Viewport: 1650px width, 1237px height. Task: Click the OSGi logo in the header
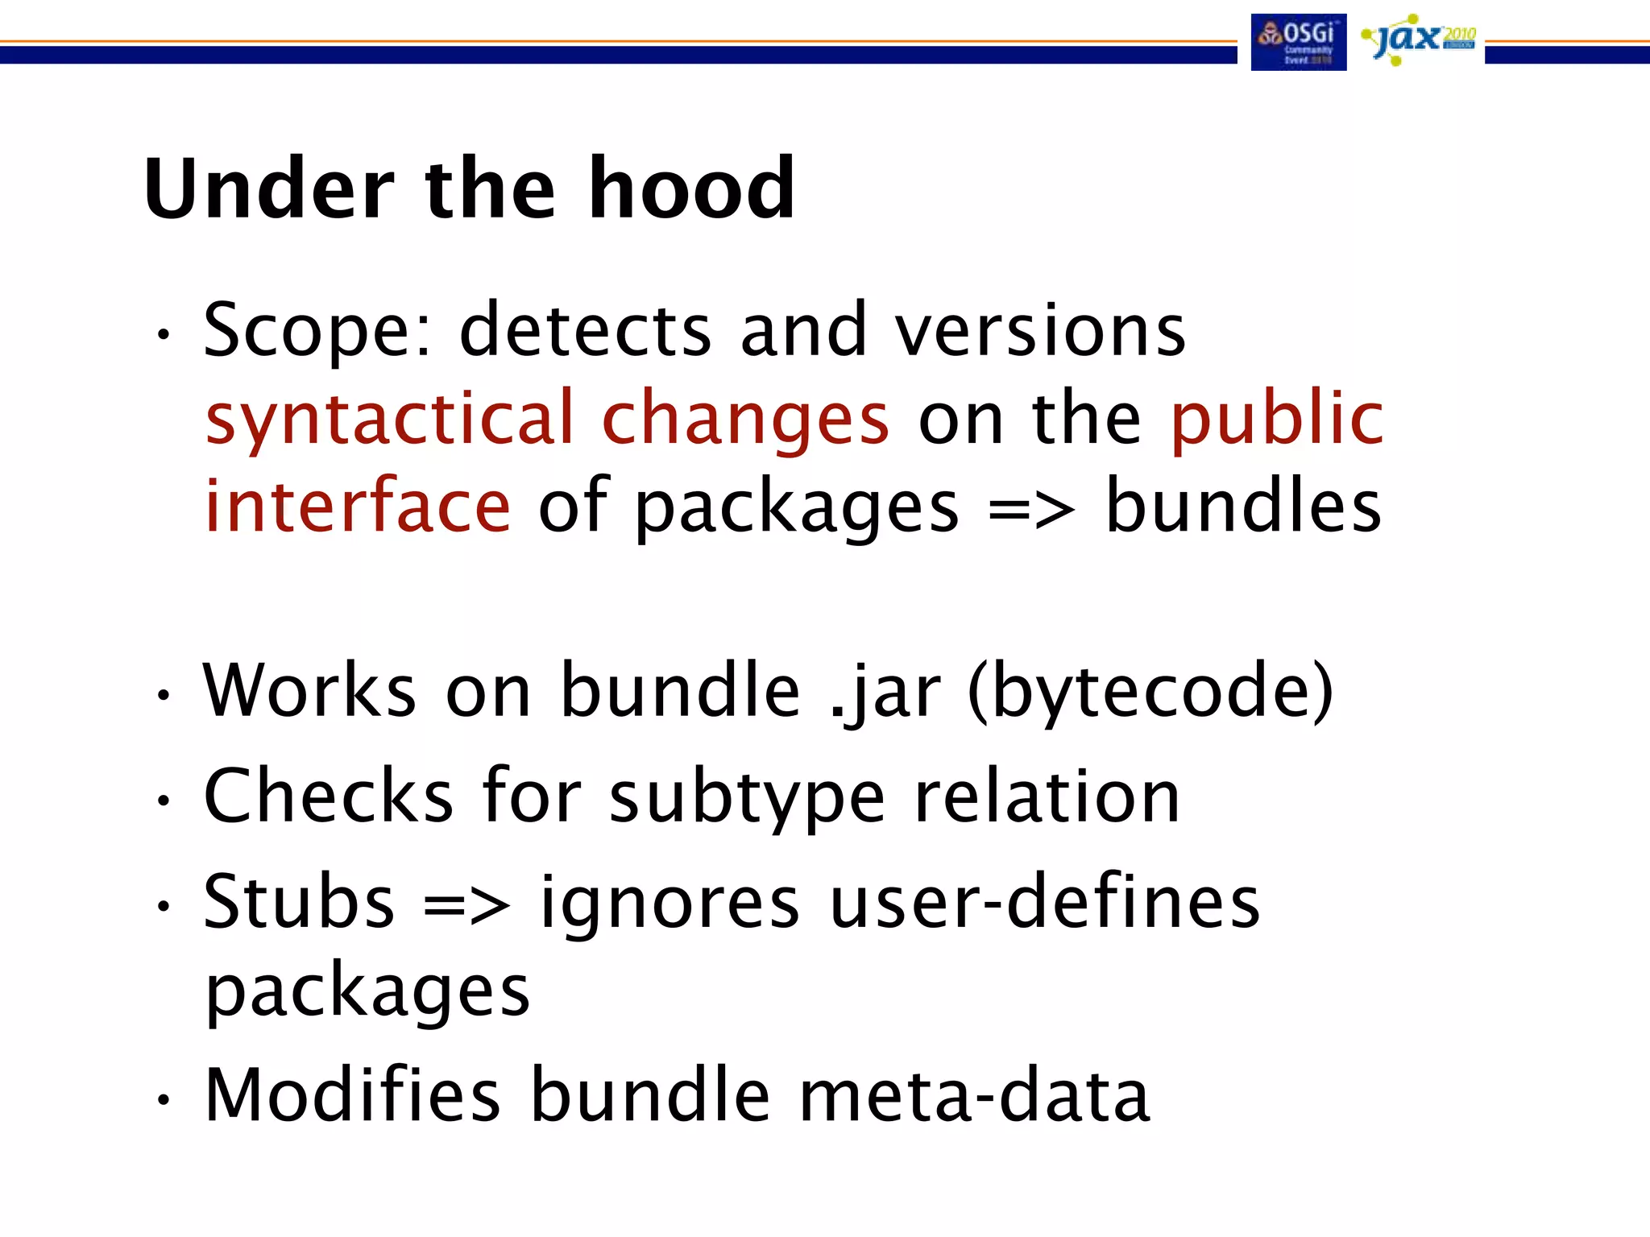point(1298,42)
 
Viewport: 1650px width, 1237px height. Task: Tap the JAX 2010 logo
point(1417,39)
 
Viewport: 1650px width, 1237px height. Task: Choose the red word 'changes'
point(745,420)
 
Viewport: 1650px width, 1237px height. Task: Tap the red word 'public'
point(1277,418)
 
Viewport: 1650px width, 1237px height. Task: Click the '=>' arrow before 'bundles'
point(1030,509)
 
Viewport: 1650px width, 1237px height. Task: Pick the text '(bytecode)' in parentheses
point(1150,691)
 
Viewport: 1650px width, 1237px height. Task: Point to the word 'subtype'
point(747,798)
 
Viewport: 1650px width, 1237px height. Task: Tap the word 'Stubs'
point(299,902)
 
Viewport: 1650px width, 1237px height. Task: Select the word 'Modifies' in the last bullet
point(352,1094)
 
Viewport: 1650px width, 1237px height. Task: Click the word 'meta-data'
point(974,1094)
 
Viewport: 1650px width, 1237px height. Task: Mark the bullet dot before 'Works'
point(164,694)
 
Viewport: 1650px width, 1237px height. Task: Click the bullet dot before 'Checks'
point(164,801)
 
